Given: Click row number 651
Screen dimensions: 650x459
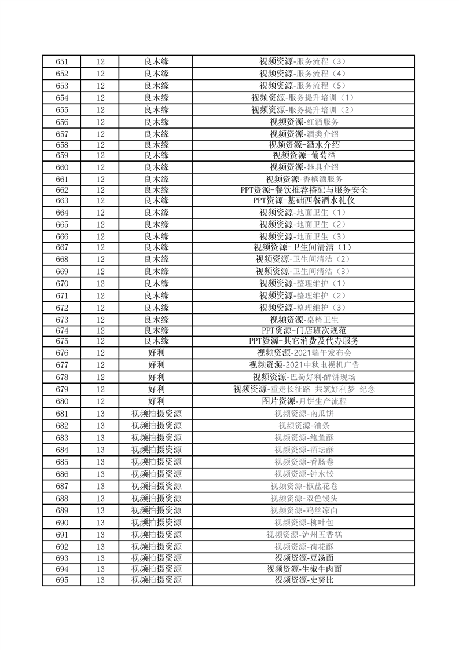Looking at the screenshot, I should pyautogui.click(x=61, y=61).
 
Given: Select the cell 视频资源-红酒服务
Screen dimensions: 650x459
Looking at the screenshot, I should pyautogui.click(x=304, y=122).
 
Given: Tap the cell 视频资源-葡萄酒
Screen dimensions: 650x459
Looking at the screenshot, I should pyautogui.click(x=304, y=155).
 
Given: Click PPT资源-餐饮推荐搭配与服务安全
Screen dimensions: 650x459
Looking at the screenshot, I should pyautogui.click(x=304, y=190).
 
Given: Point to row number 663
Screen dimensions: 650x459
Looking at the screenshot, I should pyautogui.click(x=61, y=200).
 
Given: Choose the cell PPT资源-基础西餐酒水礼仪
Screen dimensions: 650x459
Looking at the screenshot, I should pyautogui.click(x=304, y=200).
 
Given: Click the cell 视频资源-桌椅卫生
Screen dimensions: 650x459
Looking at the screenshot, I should pyautogui.click(x=304, y=320).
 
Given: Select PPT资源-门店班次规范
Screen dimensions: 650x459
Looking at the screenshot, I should pyautogui.click(x=304, y=330).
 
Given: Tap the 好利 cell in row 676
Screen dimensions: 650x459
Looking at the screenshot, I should pyautogui.click(x=156, y=353).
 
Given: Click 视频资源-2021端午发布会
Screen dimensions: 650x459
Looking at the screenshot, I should pyautogui.click(x=304, y=353).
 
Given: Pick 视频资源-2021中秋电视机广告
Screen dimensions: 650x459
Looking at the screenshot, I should pyautogui.click(x=304, y=365).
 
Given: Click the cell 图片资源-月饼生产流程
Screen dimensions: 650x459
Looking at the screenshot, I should pyautogui.click(x=304, y=401).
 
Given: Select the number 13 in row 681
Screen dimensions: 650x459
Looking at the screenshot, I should pyautogui.click(x=100, y=414).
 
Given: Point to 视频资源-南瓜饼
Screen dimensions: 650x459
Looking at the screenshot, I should pyautogui.click(x=304, y=414).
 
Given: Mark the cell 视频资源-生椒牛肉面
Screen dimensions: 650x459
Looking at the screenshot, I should pyautogui.click(x=304, y=569).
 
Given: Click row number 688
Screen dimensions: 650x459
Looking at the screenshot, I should pyautogui.click(x=61, y=498).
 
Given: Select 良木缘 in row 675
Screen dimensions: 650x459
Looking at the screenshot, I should pyautogui.click(x=156, y=341).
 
